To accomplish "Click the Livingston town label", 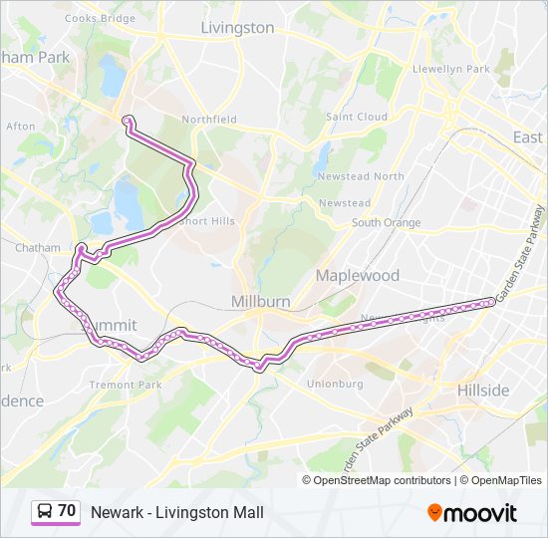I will pos(237,28).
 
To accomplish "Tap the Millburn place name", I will pos(261,301).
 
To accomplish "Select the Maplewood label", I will pos(358,275).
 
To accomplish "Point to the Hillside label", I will pos(483,390).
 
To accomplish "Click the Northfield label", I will pos(209,120).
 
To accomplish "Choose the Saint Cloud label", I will pos(357,117).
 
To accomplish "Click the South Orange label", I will pos(386,222).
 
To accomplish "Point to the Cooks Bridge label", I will pos(100,19).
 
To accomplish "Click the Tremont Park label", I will pos(126,385).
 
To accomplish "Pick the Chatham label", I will pos(38,247).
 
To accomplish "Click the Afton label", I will pos(21,127).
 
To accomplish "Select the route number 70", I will pos(67,511).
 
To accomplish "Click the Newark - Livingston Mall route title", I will pos(177,512).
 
